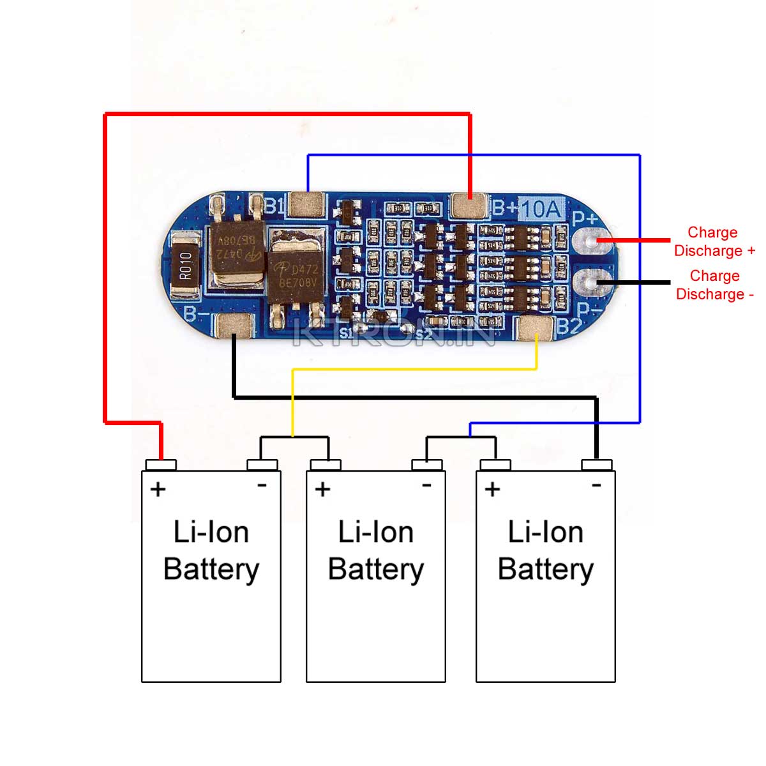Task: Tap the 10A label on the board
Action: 541,208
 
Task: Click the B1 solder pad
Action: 306,205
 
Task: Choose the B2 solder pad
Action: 535,327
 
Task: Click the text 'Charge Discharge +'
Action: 714,241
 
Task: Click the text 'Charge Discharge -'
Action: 714,285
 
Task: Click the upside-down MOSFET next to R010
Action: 237,252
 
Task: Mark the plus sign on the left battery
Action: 158,489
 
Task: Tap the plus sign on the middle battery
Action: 322,489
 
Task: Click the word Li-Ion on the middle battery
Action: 375,532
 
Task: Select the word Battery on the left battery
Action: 211,569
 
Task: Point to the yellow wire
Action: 415,369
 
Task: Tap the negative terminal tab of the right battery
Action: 597,464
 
